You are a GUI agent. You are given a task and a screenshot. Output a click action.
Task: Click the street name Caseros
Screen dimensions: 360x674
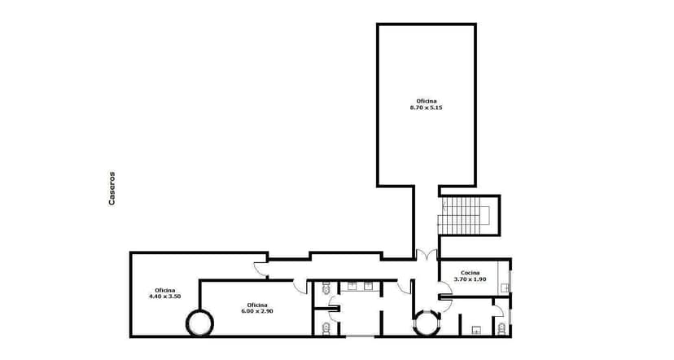coord(112,188)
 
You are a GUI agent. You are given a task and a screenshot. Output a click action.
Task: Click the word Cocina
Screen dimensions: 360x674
coord(470,273)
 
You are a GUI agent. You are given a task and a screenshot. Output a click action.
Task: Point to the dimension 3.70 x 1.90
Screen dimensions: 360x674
coord(470,279)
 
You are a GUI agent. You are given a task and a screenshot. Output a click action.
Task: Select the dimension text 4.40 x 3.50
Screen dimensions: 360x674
coord(164,296)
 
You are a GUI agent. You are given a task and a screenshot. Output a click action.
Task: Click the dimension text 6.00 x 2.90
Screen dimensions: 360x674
coord(256,311)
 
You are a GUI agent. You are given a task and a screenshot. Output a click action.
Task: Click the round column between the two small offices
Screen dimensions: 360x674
coord(199,322)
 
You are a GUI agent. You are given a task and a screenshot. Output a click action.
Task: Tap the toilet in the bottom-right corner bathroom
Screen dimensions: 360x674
coord(501,327)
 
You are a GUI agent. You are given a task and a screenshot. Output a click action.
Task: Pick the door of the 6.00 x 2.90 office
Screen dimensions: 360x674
coord(300,286)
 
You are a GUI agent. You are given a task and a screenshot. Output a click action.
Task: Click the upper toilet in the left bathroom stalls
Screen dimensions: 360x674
coord(325,288)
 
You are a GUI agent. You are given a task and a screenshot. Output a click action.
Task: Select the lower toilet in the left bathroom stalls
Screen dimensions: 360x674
coord(325,327)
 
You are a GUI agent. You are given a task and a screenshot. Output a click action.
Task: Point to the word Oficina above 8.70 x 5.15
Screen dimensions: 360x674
coord(426,100)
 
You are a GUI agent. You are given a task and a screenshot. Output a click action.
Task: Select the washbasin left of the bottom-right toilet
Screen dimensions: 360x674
coord(477,329)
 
